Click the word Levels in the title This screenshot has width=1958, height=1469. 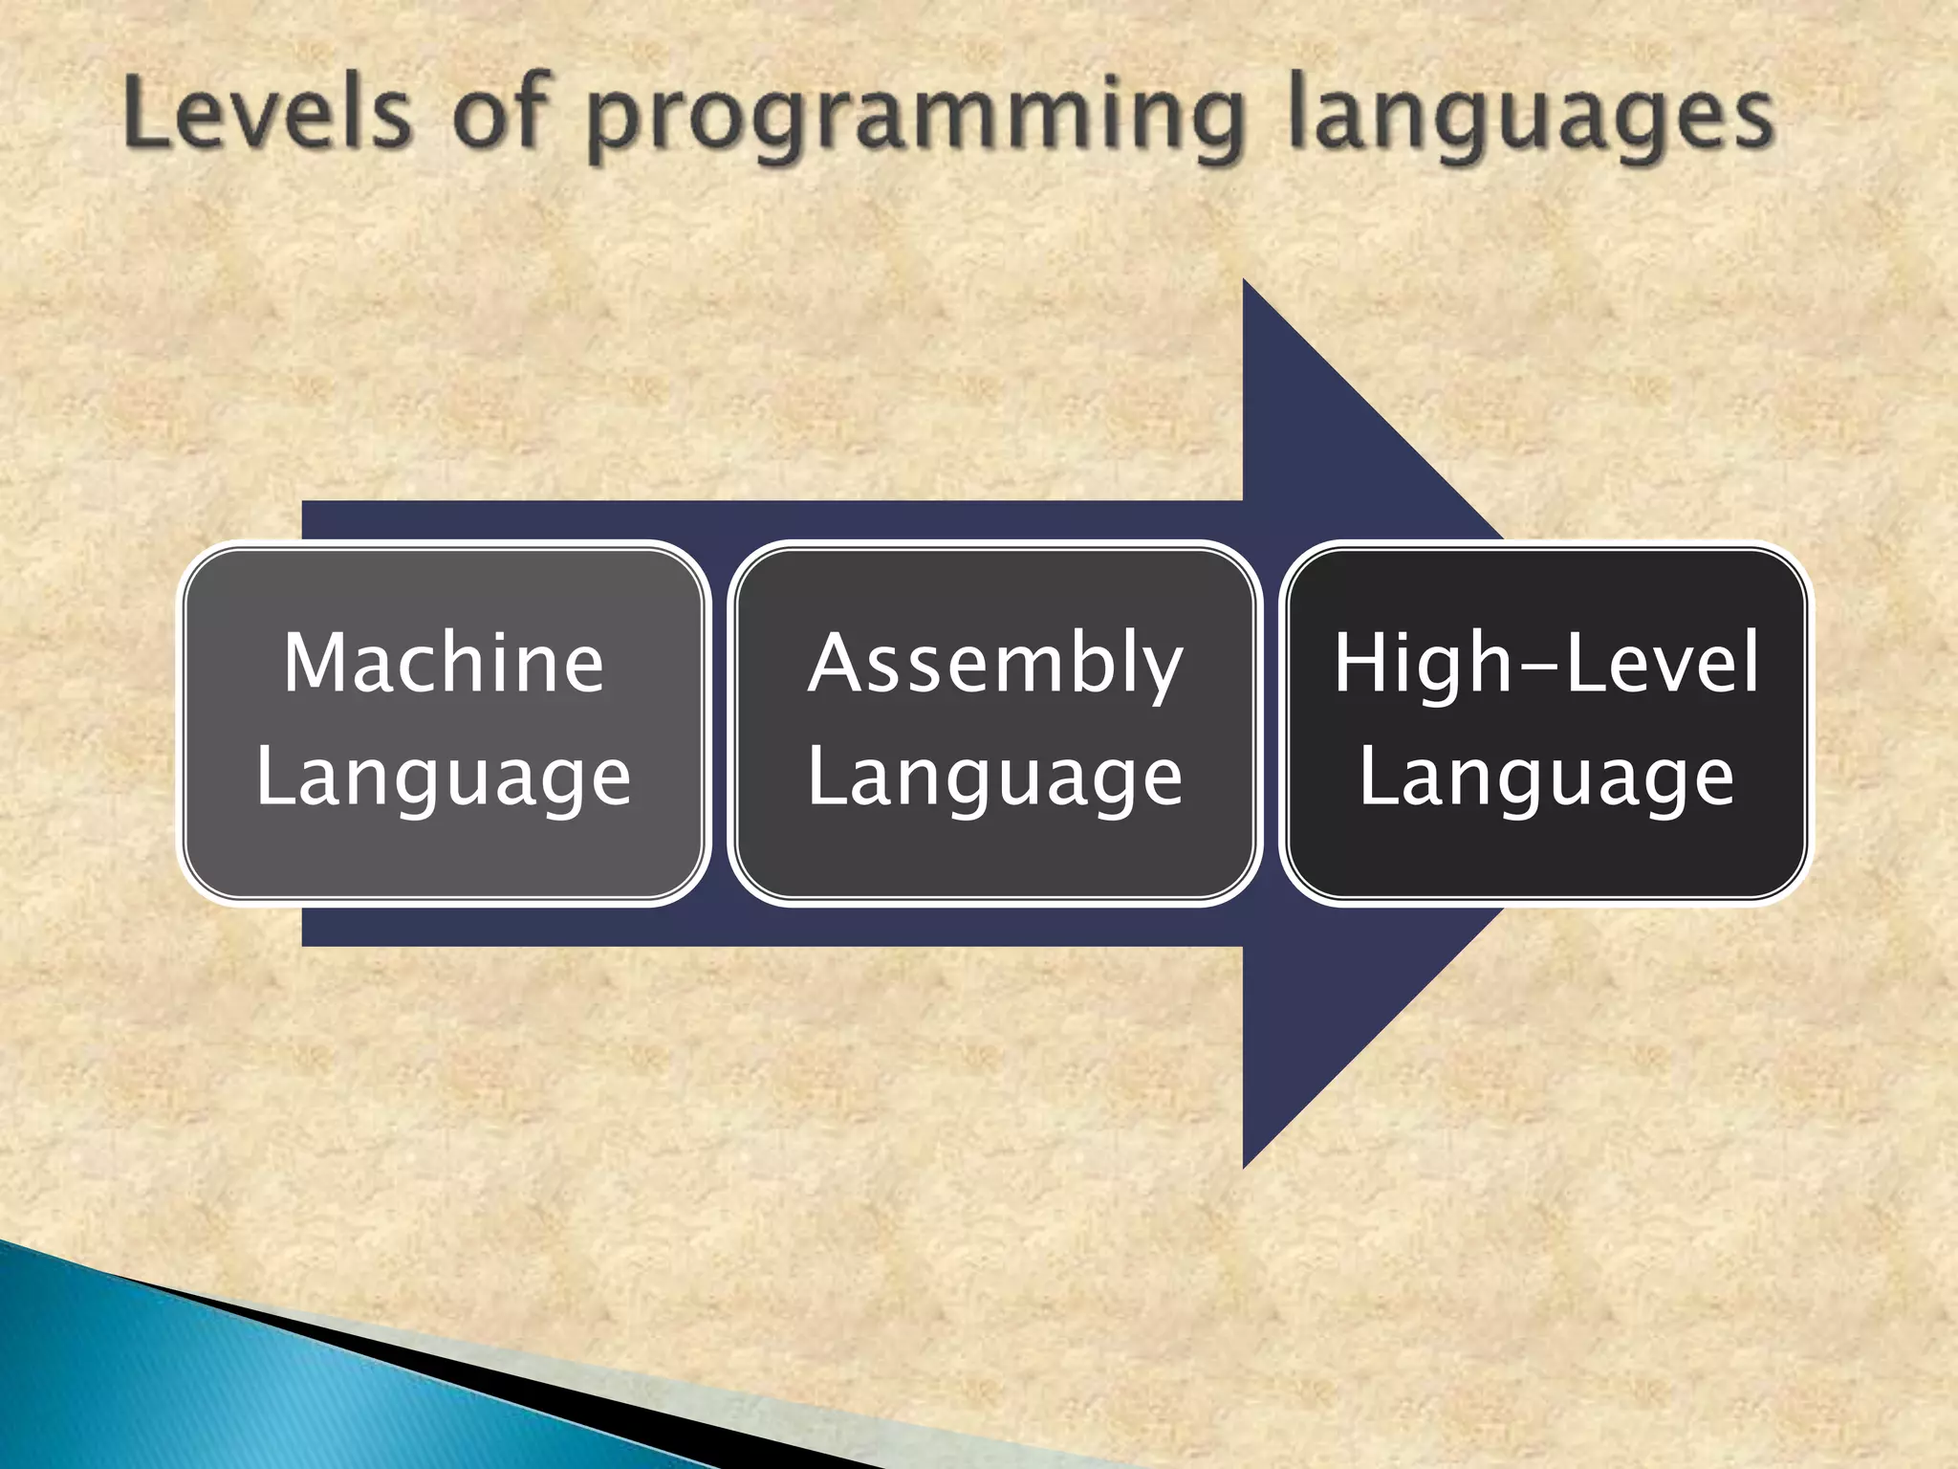pos(269,116)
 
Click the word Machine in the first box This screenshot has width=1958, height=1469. pos(444,663)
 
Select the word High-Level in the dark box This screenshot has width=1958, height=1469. pos(1546,663)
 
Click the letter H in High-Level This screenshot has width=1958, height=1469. pos(1362,663)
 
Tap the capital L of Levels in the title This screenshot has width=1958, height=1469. pos(143,116)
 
